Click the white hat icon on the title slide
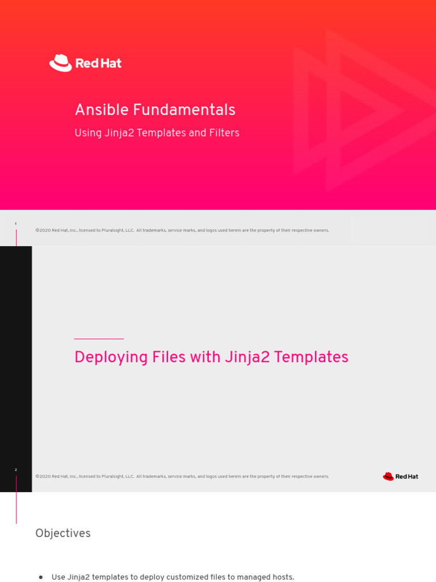(60, 63)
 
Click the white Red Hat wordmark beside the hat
(98, 63)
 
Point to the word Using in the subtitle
(87, 133)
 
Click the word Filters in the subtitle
(224, 133)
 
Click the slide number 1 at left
(16, 224)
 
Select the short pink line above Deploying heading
(99, 339)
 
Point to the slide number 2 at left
(16, 470)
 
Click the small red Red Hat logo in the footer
(400, 476)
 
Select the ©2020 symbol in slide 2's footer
(43, 476)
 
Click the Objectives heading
(63, 533)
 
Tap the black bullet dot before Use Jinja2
(40, 577)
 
